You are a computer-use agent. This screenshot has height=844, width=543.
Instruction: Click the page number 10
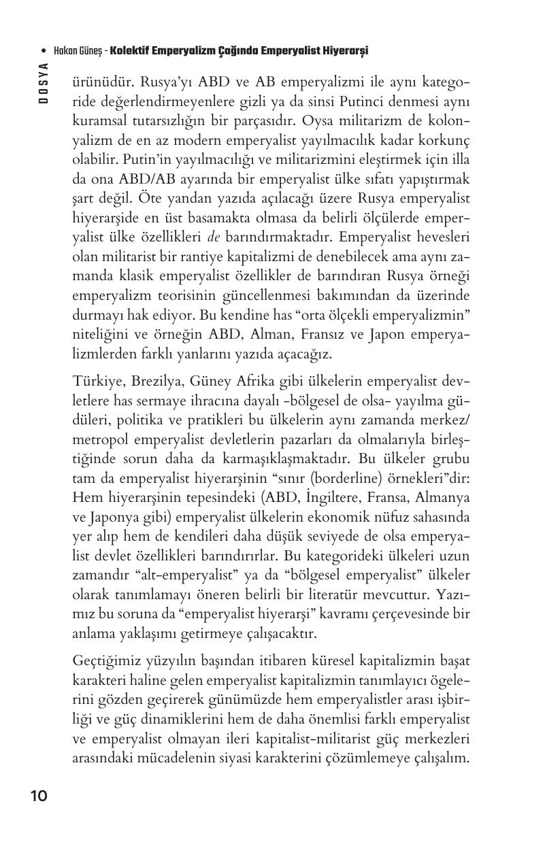39,796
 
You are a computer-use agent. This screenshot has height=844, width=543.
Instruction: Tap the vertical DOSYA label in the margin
43,82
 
